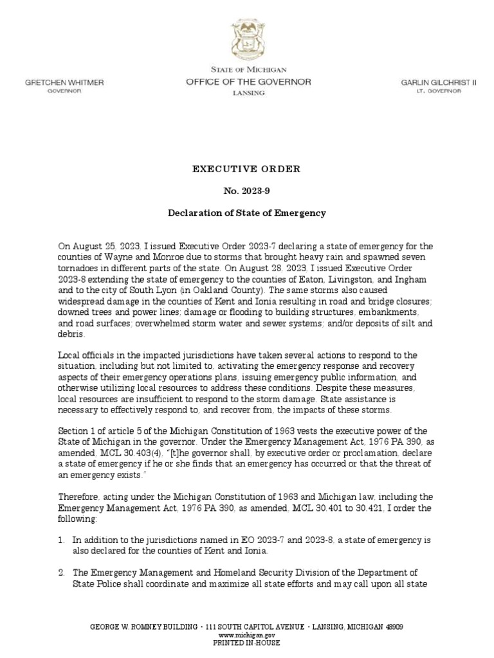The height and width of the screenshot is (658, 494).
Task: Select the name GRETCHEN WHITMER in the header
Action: click(x=64, y=83)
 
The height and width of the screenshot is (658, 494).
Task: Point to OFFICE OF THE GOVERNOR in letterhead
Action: click(x=248, y=82)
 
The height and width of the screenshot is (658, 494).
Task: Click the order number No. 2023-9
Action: click(x=248, y=191)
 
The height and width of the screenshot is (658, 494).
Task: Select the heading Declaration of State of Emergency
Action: click(x=248, y=213)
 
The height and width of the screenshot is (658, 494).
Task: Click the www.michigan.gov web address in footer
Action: click(x=248, y=634)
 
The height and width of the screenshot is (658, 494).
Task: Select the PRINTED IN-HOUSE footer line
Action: click(x=248, y=643)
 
